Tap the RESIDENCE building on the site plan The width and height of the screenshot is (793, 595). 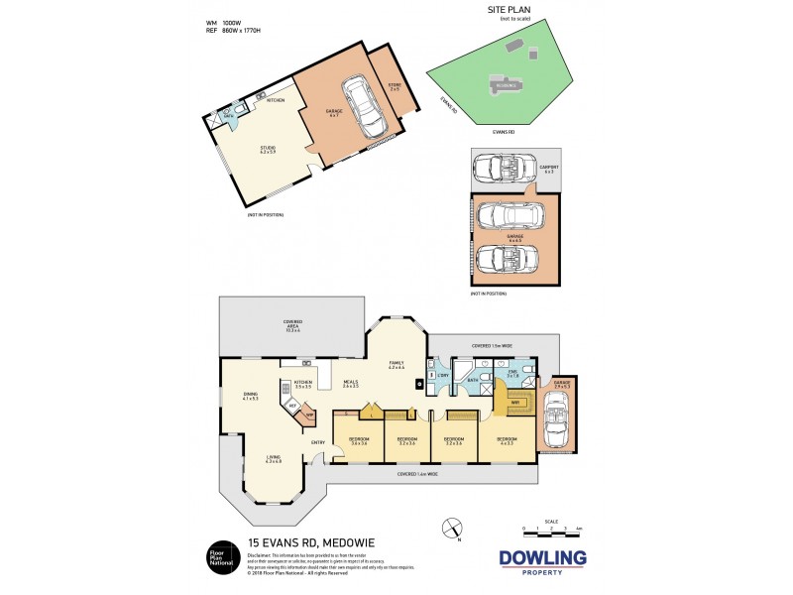[x=505, y=84]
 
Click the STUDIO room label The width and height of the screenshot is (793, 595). [x=267, y=151]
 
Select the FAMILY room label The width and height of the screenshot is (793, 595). [x=396, y=365]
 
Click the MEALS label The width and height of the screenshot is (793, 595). [x=351, y=382]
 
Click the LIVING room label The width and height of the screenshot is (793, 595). [x=273, y=458]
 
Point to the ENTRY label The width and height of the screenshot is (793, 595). [x=318, y=442]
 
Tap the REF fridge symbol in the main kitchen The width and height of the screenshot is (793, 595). [x=291, y=407]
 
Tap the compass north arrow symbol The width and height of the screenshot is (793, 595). [x=452, y=528]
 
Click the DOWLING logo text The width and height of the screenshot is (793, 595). [x=541, y=558]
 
